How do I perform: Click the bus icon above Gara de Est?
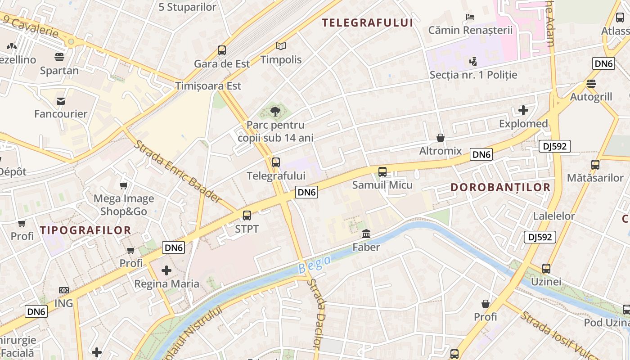tap(222, 50)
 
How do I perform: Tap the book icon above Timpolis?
tap(281, 46)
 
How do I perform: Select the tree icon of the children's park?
tap(275, 111)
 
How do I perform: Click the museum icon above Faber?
tap(366, 234)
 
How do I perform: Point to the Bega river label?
tap(315, 264)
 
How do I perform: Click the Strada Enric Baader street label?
tap(177, 171)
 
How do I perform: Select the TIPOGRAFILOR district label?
tap(85, 230)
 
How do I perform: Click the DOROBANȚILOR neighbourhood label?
tap(500, 188)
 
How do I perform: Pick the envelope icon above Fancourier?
tap(61, 101)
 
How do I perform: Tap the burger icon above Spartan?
tap(59, 57)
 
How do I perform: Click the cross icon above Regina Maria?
tap(166, 270)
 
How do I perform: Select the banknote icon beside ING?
tap(64, 290)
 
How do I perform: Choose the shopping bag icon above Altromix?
tap(441, 138)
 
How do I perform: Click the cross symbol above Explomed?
tap(523, 110)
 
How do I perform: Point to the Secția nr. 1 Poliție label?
tap(473, 75)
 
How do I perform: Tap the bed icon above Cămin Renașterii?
tap(470, 17)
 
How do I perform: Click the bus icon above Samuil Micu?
tap(382, 171)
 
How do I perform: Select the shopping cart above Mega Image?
tap(124, 185)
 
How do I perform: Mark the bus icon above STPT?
tap(247, 216)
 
